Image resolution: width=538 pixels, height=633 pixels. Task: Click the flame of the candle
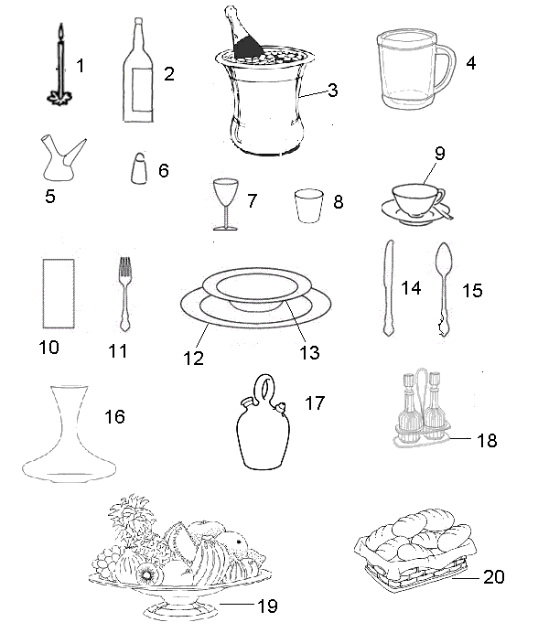61,32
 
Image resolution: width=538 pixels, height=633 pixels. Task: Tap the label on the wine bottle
142,90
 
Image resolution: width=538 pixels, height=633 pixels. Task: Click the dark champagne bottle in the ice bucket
243,34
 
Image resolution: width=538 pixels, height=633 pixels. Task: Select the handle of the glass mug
445,70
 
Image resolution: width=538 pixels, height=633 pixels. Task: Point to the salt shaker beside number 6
138,168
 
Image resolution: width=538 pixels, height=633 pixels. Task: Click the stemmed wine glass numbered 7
225,204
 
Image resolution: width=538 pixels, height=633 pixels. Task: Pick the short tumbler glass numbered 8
309,206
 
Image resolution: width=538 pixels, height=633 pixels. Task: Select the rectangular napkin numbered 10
59,294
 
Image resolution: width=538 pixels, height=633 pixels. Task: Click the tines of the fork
124,266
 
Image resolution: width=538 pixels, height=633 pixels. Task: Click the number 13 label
309,352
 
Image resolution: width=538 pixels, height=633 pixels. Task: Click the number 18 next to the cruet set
487,440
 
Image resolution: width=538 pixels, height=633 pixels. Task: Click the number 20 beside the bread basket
493,577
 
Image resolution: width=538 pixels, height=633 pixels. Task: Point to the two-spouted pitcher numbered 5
61,160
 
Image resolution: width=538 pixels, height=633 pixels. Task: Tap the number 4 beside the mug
470,63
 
